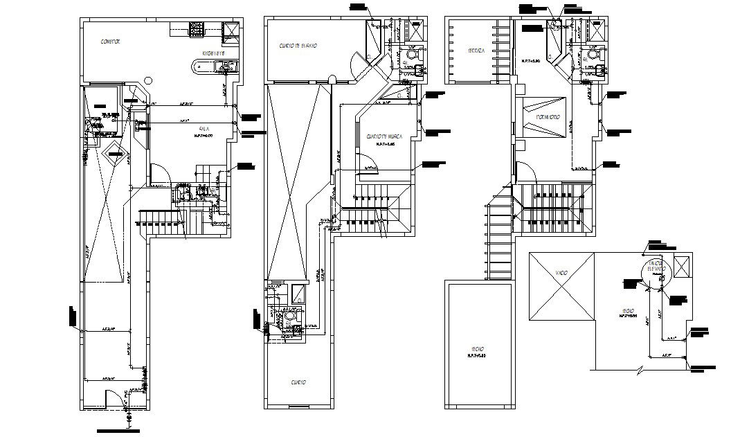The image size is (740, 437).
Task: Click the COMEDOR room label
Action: pyautogui.click(x=110, y=42)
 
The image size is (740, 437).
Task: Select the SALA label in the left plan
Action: pyautogui.click(x=204, y=129)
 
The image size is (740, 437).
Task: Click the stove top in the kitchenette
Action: pyautogui.click(x=197, y=29)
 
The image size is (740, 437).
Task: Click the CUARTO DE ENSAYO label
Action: pyautogui.click(x=298, y=46)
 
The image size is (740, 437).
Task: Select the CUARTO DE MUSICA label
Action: pyautogui.click(x=381, y=136)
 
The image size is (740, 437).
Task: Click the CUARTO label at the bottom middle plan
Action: pyautogui.click(x=298, y=382)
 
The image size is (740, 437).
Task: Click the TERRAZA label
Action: pyautogui.click(x=476, y=51)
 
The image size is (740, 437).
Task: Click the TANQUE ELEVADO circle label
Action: pyautogui.click(x=655, y=267)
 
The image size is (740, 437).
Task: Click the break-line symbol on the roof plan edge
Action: pyautogui.click(x=638, y=371)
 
